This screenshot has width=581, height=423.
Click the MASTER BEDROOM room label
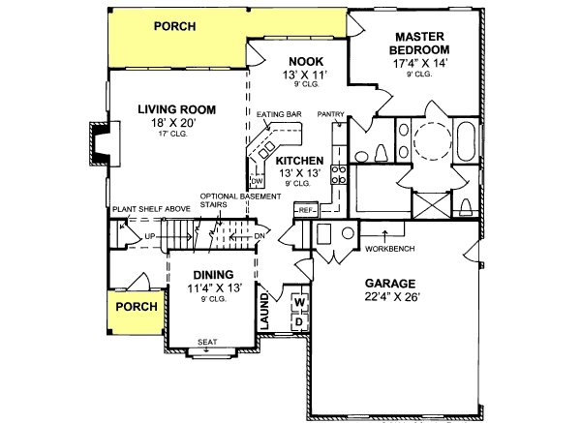pos(420,42)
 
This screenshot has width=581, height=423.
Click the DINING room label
pos(211,274)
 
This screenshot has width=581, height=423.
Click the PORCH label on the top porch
pos(179,26)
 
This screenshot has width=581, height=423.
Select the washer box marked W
pos(299,302)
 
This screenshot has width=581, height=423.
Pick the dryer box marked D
pos(299,321)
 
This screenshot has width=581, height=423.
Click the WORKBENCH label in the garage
pos(390,249)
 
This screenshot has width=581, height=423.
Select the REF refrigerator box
pos(307,209)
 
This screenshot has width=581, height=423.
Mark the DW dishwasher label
pos(258,181)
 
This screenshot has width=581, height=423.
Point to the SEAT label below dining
pos(206,342)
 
